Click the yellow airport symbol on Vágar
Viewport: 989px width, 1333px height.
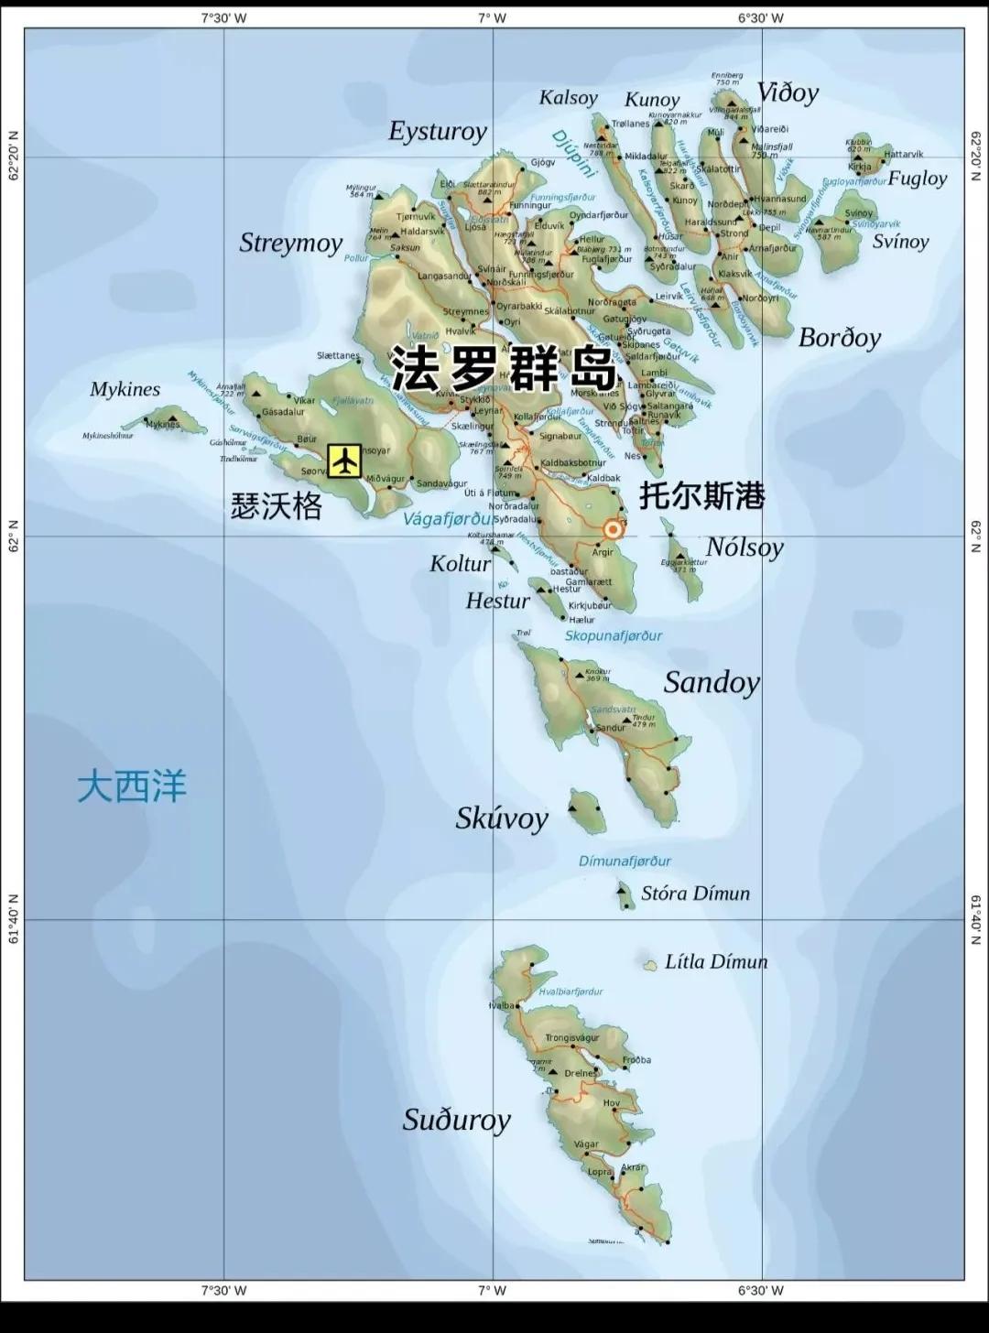344,461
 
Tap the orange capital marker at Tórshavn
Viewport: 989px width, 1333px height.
613,528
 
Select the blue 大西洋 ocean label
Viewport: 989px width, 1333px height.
132,786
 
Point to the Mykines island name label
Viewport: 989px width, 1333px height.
125,389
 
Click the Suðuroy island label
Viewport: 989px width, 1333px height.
456,1120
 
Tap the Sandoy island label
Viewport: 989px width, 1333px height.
712,682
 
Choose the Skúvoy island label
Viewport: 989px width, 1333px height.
502,818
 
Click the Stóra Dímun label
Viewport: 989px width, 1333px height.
695,893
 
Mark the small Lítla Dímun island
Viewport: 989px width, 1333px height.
650,964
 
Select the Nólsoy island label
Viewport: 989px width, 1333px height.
744,547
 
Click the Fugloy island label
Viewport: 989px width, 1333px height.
917,178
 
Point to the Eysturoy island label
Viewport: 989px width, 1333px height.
438,131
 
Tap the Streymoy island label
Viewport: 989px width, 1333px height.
290,243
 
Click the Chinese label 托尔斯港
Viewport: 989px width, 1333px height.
701,495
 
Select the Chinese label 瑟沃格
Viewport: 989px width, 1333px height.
276,506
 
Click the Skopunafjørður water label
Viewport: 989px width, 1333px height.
613,635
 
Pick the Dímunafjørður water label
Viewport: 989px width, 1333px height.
625,861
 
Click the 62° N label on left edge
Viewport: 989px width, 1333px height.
13,536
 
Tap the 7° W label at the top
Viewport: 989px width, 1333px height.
492,17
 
